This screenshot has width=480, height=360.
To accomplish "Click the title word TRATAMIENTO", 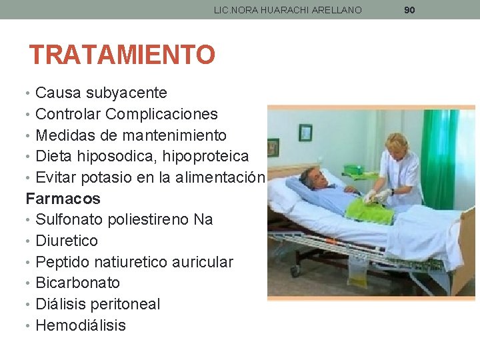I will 122,55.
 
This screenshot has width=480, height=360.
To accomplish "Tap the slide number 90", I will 409,10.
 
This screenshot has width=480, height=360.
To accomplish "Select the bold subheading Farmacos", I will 63,199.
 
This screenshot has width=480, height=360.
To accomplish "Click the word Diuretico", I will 67,241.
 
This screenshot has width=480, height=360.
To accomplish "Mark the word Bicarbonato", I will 77,283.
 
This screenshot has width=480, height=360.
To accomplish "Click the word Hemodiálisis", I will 81,325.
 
